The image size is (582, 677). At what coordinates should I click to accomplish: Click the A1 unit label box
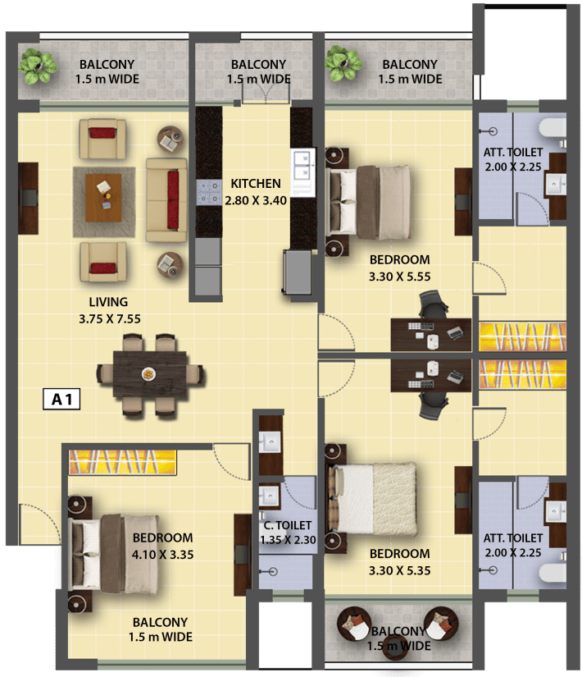pos(61,399)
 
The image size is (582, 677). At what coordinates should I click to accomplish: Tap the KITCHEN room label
pos(256,184)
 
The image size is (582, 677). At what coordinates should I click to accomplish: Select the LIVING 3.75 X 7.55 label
pos(109,310)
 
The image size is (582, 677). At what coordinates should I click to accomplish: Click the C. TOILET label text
pos(288,525)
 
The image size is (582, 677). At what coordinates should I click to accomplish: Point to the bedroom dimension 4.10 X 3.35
pos(162,555)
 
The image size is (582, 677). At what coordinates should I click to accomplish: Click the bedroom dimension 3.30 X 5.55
pos(399,277)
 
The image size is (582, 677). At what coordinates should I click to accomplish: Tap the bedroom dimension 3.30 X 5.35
pos(399,570)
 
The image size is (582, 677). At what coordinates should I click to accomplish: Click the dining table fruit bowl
pos(148,374)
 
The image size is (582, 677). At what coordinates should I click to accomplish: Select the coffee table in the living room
pos(103,198)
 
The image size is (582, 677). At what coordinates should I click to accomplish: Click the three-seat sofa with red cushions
pos(166,200)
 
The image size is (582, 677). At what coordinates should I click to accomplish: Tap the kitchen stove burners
pos(209,192)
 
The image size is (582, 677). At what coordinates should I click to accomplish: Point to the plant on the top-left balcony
pos(37,66)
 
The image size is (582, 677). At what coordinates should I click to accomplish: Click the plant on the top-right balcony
pos(343,63)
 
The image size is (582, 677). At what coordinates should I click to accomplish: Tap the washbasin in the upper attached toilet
pos(555,185)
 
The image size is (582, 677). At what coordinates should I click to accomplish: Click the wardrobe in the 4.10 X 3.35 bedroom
pos(122,462)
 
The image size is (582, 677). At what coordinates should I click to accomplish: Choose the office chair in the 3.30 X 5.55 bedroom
pos(434,305)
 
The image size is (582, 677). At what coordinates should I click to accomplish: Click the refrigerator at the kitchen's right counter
pos(298,272)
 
